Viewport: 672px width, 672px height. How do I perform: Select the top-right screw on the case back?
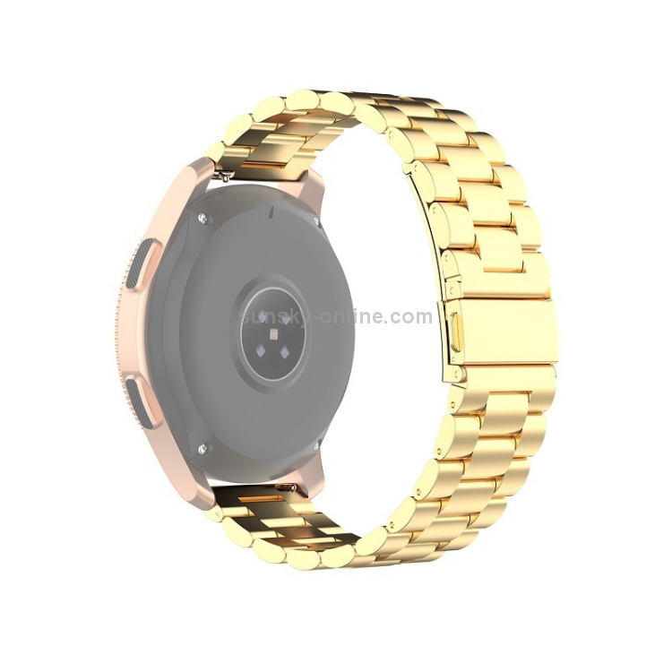pyautogui.click(x=316, y=221)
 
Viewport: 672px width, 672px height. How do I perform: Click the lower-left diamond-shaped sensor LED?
pyautogui.click(x=260, y=352)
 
